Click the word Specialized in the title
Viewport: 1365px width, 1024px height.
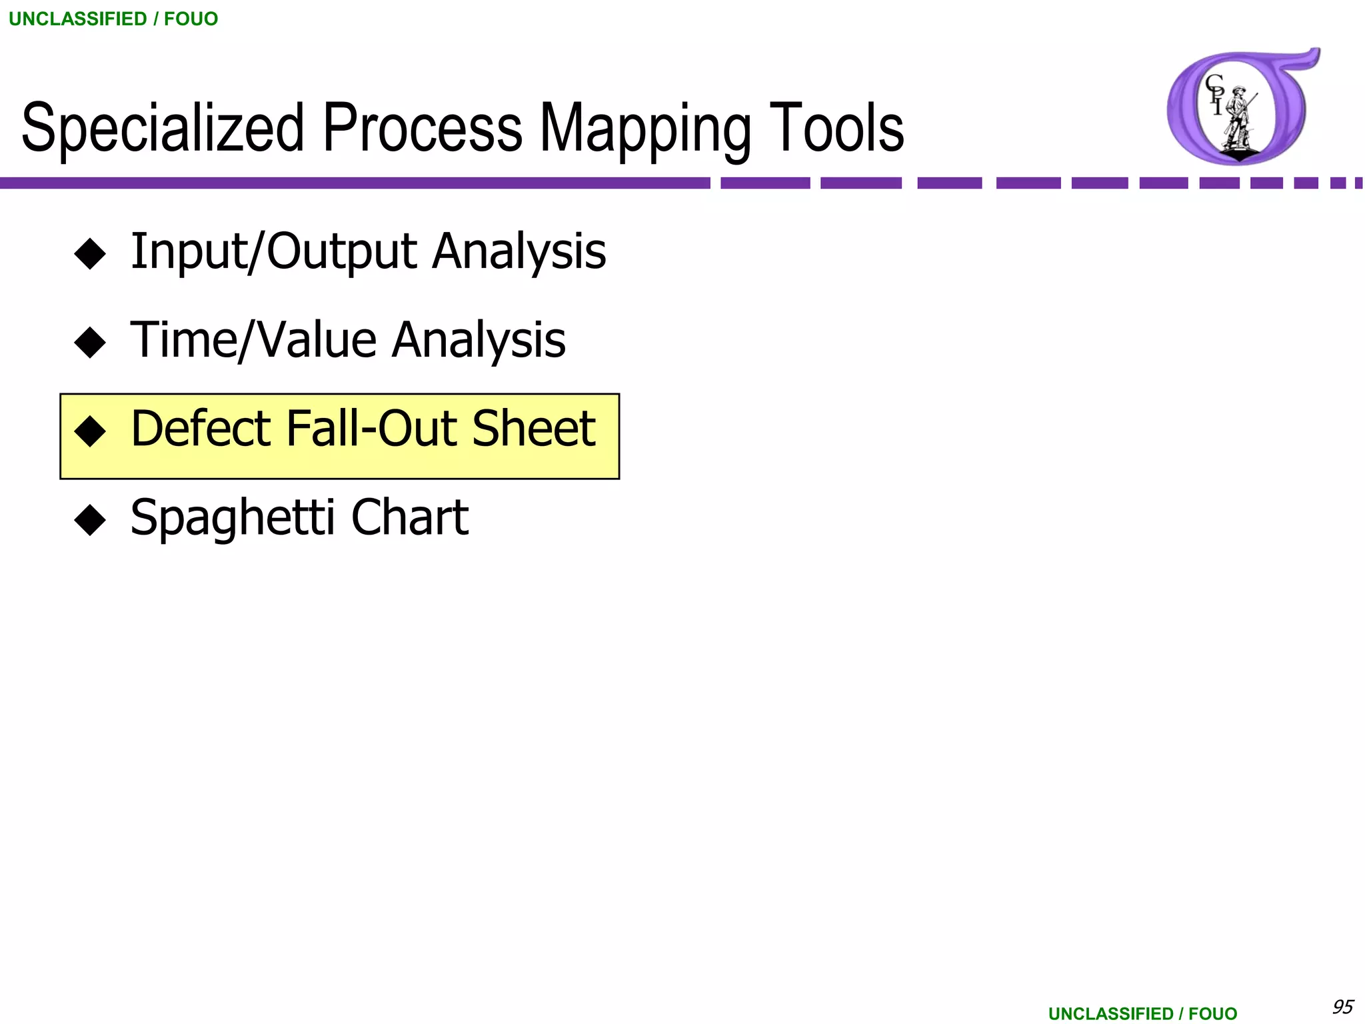(163, 128)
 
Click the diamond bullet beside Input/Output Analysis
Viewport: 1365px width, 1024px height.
(90, 254)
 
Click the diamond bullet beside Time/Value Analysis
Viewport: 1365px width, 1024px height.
(90, 343)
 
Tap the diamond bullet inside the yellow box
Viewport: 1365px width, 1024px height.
(90, 431)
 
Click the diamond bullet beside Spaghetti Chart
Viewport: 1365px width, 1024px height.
(90, 520)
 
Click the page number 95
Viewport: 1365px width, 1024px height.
(1342, 1006)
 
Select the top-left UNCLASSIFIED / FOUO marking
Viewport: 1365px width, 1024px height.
(113, 19)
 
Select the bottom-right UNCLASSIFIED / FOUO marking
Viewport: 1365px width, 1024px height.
(1142, 1013)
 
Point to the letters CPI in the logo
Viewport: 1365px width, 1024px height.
(1215, 94)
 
